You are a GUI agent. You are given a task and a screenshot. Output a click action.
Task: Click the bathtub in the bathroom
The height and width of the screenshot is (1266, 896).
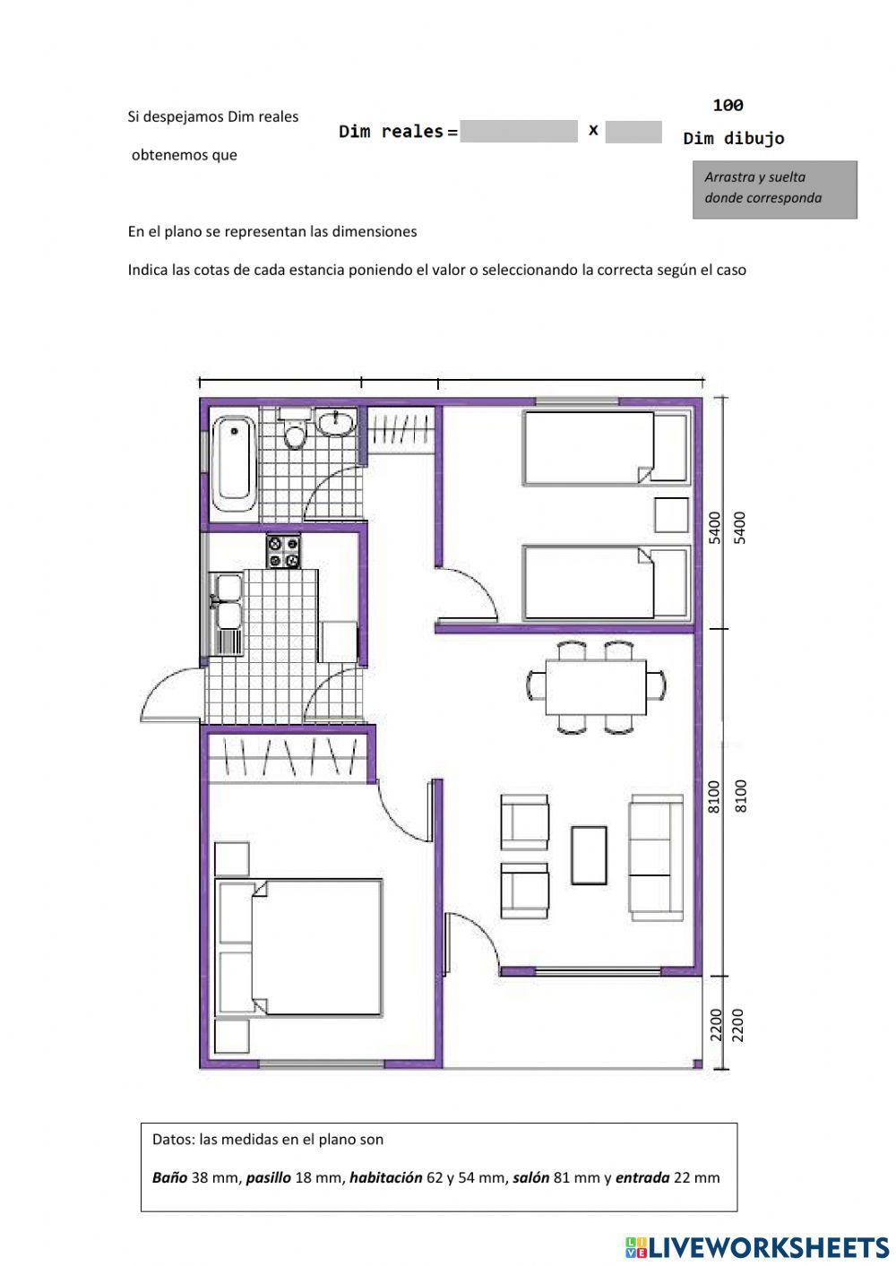[x=234, y=465]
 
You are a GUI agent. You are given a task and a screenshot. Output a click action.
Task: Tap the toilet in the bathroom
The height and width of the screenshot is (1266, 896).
[x=294, y=428]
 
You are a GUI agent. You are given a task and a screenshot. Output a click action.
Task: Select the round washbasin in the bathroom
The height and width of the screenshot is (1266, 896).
[x=335, y=423]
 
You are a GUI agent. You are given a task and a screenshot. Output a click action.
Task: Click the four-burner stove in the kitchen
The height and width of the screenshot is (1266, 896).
[x=284, y=552]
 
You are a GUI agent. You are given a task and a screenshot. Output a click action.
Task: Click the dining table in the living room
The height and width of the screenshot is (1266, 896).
[x=596, y=686]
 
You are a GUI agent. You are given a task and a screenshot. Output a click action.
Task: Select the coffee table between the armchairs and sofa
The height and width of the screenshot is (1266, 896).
[x=589, y=855]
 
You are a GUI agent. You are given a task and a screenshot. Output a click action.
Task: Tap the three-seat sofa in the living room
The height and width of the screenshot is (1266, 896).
[x=656, y=857]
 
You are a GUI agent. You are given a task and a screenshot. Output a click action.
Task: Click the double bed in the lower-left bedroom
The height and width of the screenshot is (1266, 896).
[x=298, y=947]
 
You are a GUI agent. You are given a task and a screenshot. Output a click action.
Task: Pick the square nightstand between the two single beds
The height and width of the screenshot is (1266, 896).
[x=672, y=515]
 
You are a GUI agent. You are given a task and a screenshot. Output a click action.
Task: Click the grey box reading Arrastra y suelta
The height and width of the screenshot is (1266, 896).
[x=774, y=189]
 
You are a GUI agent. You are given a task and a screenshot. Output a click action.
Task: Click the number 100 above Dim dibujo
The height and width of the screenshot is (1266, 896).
[x=728, y=105]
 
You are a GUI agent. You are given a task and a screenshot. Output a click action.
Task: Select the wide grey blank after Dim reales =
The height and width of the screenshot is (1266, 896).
[x=519, y=131]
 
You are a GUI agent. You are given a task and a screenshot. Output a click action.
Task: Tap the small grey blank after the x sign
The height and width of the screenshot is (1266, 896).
[x=633, y=132]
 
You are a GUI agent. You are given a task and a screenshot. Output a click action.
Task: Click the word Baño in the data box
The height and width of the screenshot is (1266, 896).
[x=169, y=1177]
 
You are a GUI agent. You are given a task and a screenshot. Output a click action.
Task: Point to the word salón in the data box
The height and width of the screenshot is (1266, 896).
[x=530, y=1177]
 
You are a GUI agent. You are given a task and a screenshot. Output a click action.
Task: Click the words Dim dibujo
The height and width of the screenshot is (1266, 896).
[x=734, y=139]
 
